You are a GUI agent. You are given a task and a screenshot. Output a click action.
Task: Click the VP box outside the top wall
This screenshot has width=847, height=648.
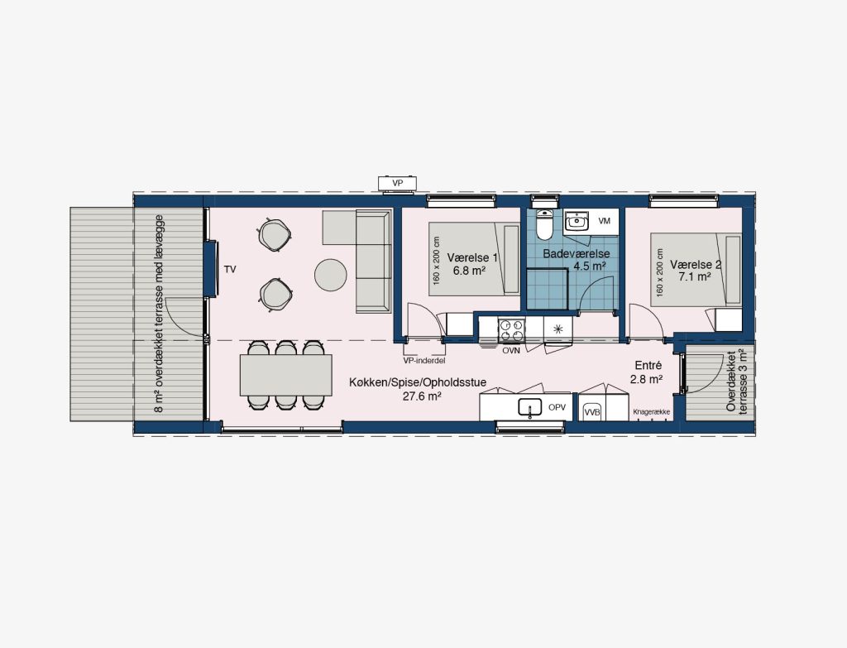coord(398,184)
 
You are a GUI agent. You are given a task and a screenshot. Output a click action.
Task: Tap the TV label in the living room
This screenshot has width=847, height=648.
coord(230,269)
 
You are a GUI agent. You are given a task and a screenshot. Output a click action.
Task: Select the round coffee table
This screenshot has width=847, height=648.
coord(331,275)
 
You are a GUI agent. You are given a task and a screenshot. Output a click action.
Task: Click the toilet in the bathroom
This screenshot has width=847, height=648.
coord(544,224)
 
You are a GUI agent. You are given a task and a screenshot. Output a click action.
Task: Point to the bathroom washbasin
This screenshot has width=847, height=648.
coord(577,221)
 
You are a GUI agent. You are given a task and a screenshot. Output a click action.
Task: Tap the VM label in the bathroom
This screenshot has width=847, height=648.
coord(605,221)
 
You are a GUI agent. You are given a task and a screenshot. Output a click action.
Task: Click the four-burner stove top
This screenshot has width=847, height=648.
coord(511,331)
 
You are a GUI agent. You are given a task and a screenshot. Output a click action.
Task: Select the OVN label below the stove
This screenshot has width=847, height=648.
coord(511,351)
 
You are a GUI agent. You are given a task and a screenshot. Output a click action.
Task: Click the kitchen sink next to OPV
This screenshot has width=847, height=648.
coord(530,408)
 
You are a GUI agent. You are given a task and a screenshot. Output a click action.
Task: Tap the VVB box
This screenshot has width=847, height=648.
coord(592,412)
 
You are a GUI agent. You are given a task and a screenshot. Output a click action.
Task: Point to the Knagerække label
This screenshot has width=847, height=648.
coord(652,412)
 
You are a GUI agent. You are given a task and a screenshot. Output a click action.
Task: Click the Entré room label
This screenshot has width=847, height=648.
coord(648,366)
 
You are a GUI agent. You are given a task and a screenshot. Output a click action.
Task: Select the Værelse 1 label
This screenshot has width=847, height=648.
coord(472,258)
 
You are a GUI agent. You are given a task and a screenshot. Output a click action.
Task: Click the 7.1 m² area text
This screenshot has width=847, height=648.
coord(695,276)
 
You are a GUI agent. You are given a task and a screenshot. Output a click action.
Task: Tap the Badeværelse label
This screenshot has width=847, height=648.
coord(577,253)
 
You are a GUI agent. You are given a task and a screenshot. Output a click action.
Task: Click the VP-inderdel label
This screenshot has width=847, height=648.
coord(424,361)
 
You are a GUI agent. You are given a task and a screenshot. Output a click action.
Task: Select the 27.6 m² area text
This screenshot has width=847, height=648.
coord(423,395)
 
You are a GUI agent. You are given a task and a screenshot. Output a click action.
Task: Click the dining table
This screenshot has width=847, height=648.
coord(286,375)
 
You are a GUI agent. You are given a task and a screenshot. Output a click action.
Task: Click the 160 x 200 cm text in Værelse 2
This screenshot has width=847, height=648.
coord(659,272)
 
